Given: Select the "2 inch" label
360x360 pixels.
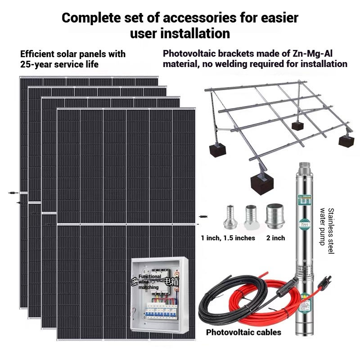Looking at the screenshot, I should (275, 238).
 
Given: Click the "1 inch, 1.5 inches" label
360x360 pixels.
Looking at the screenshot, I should (228, 238).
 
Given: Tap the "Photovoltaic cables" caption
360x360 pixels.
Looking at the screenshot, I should (243, 333).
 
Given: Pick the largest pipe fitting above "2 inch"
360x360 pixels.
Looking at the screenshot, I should (275, 216).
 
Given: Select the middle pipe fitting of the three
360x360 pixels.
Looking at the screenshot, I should (250, 217).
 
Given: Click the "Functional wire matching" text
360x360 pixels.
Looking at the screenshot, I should (148, 282).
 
